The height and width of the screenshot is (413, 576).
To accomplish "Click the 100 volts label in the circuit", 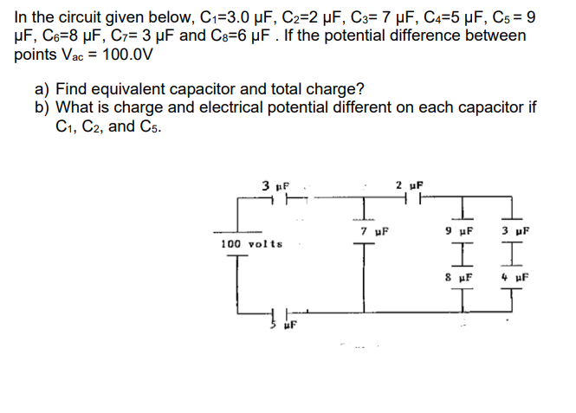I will click(x=251, y=244).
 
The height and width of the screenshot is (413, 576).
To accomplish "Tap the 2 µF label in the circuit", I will click(x=408, y=185).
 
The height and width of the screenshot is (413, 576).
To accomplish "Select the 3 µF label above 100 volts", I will click(x=275, y=185).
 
